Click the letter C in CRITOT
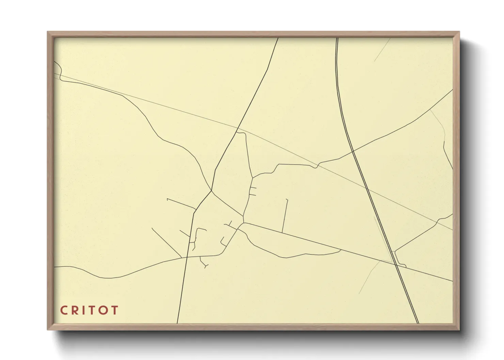(64, 310)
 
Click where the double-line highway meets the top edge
(337, 38)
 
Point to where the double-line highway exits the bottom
(418, 323)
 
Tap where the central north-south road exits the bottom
(177, 323)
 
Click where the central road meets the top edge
(278, 38)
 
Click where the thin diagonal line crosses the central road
(237, 128)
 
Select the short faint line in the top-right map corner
(382, 50)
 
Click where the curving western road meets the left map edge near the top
(55, 62)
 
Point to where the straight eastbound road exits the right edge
(452, 281)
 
